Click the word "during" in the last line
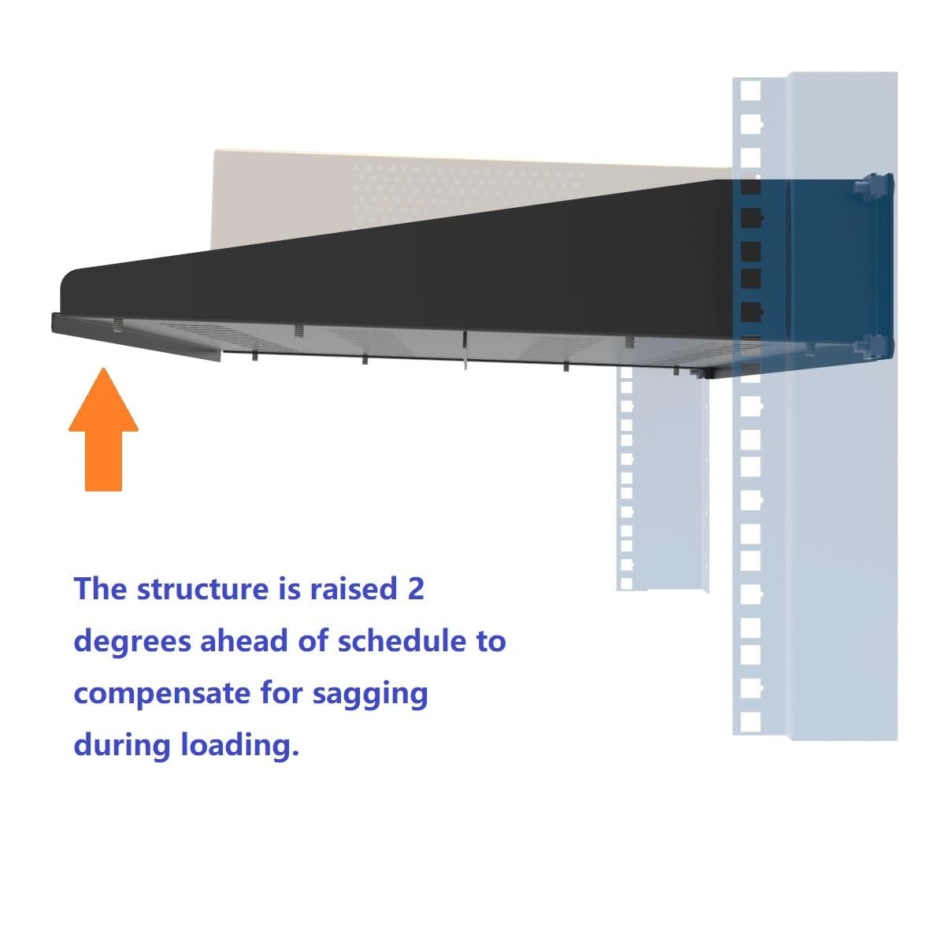point(123,744)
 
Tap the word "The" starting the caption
point(100,589)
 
